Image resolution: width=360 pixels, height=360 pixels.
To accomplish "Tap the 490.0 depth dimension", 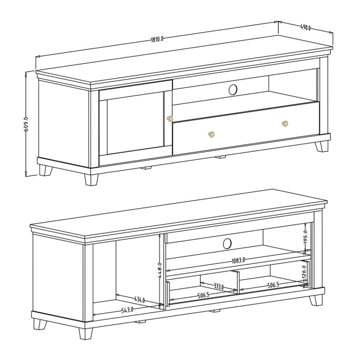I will (x=305, y=28).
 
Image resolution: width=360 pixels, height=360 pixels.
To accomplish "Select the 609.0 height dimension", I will (x=26, y=124).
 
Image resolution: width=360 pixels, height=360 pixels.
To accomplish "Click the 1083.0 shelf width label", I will (x=238, y=261).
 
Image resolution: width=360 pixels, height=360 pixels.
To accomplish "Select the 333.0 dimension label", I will (x=219, y=286).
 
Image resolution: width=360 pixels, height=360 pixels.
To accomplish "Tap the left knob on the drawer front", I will (x=210, y=135).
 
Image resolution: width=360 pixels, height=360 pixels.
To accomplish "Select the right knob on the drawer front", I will (x=285, y=123).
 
